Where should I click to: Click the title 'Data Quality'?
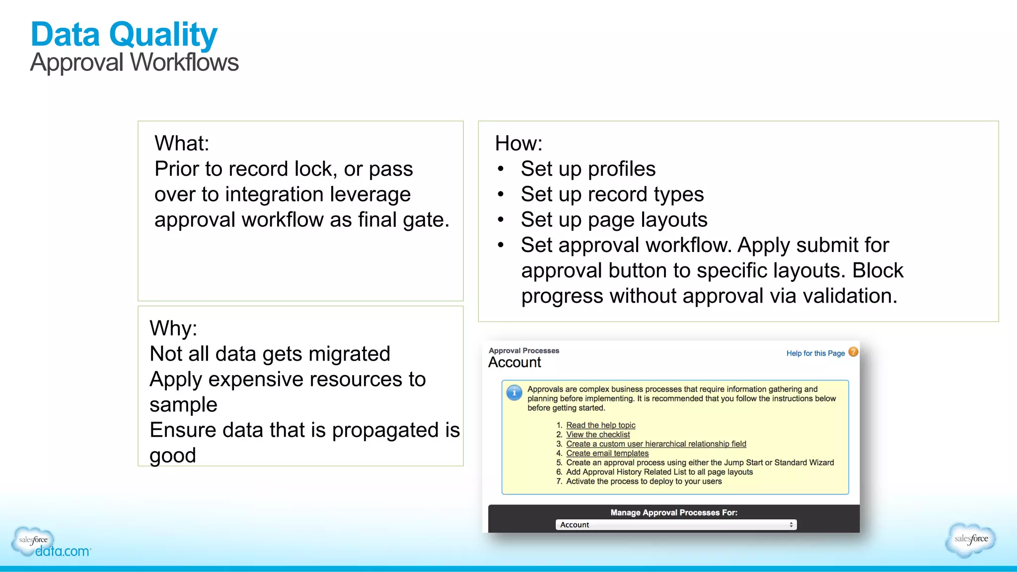(x=124, y=35)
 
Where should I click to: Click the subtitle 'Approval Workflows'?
(x=134, y=63)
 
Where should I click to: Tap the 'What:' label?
(x=182, y=144)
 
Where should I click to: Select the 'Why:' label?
(x=173, y=328)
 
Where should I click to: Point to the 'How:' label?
(x=518, y=144)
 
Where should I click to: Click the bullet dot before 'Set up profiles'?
(x=501, y=169)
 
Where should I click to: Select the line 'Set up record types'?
(x=612, y=194)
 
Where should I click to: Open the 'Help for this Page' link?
(x=815, y=353)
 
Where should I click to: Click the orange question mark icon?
(x=853, y=352)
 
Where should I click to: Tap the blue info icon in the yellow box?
(x=514, y=392)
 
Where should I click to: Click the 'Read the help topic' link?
(x=600, y=425)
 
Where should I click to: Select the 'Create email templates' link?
(x=607, y=453)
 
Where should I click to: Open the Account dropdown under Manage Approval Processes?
(x=675, y=524)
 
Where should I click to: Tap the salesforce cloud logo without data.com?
(x=971, y=539)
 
